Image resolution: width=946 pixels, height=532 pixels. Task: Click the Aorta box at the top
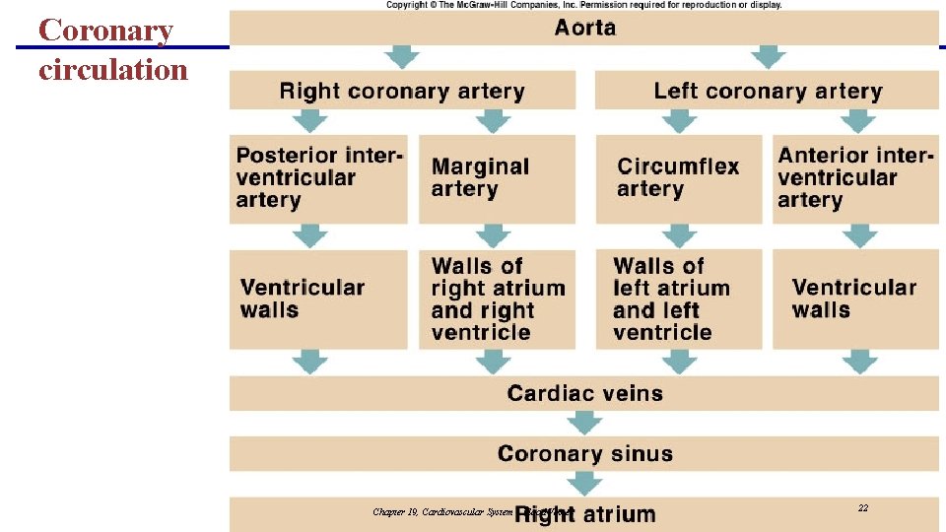(585, 27)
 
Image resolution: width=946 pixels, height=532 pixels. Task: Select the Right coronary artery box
(402, 92)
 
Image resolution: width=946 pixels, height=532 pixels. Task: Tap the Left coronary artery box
(768, 92)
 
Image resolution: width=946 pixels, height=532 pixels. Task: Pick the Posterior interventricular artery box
(318, 178)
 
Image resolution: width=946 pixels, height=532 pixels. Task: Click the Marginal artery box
(497, 178)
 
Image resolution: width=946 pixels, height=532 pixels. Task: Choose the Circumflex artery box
(678, 178)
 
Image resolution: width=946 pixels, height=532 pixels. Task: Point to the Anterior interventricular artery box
(854, 178)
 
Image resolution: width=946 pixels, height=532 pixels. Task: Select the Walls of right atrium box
(497, 299)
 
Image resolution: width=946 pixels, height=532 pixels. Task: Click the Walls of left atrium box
(678, 299)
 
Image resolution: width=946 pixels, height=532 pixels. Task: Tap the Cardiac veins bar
(585, 394)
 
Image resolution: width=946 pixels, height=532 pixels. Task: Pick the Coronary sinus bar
(585, 454)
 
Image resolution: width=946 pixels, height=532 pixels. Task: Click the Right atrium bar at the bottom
(585, 514)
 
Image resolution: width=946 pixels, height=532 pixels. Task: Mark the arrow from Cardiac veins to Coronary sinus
(585, 423)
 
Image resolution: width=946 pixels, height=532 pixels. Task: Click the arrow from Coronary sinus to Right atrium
(585, 483)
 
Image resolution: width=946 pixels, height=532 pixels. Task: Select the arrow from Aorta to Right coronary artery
(402, 57)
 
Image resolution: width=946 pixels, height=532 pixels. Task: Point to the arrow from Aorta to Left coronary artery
(768, 57)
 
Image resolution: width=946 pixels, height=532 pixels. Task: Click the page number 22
(863, 508)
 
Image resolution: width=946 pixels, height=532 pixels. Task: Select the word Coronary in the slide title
(105, 31)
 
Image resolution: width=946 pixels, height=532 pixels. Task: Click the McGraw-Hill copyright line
(583, 5)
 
